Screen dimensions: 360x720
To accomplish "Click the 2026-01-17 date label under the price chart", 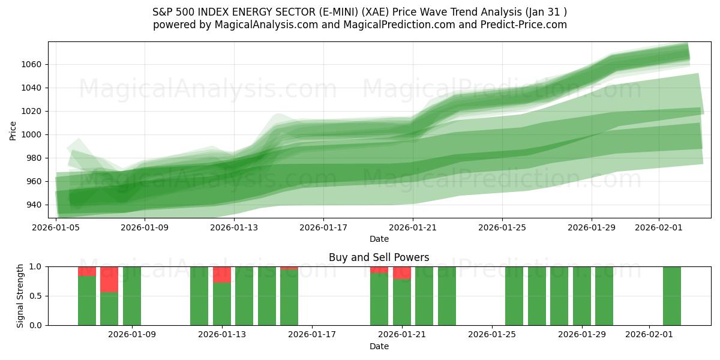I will click(x=323, y=227).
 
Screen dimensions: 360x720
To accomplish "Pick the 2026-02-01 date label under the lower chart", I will click(x=650, y=335).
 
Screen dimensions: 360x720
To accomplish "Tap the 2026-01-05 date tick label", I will click(x=56, y=227).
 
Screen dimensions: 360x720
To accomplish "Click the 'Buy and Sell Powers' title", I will click(x=379, y=257).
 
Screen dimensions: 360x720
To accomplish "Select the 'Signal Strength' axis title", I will click(x=20, y=296).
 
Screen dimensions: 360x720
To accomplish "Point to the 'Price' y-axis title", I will click(x=13, y=130).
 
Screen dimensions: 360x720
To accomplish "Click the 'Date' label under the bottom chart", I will click(x=379, y=346).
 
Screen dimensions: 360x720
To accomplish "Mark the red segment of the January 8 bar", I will click(x=109, y=279).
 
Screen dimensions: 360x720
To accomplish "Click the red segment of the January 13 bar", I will click(x=222, y=274).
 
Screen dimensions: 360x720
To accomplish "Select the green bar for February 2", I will click(x=672, y=296).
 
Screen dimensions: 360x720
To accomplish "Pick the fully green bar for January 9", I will click(x=132, y=296).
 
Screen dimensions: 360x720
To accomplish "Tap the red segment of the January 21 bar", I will click(x=402, y=272).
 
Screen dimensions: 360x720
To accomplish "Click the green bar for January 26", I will click(x=514, y=296).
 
